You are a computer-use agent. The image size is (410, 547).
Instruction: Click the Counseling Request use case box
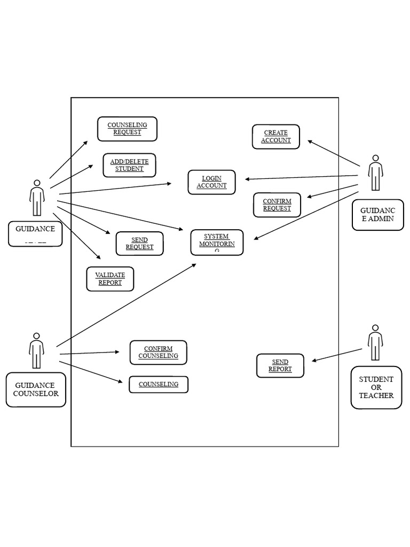coord(127,129)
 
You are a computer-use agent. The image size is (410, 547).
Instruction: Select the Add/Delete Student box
coord(129,165)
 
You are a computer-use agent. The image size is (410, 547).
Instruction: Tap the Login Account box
coord(211,182)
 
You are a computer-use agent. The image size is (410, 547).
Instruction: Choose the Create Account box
coord(276,137)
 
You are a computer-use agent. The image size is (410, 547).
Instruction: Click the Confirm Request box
coord(277,205)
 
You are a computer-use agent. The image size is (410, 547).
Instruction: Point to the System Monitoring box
coord(217,243)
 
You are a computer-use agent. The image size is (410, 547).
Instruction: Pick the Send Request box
coord(139,244)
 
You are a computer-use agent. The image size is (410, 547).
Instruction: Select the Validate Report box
coord(110,279)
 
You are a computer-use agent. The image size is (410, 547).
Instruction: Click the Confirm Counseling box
coord(158,353)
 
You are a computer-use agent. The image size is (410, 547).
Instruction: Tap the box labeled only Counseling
coord(158,385)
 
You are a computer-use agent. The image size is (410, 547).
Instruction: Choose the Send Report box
coord(280,366)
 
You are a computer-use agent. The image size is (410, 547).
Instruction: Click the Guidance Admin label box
coord(378,215)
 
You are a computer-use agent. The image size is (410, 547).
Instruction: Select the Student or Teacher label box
coord(376,387)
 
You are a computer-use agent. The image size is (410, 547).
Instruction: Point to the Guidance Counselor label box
coord(36,389)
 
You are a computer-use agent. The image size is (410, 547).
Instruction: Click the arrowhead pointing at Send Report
coord(314,361)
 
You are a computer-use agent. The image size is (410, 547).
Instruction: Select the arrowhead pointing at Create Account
coord(310,141)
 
